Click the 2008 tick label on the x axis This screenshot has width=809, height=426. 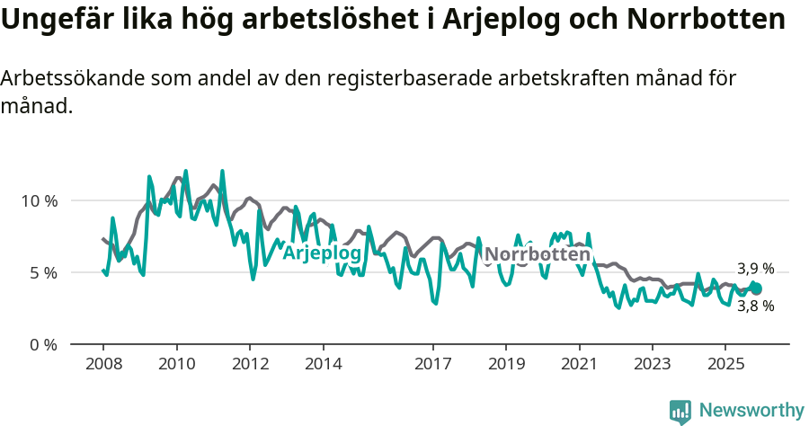[x=102, y=364]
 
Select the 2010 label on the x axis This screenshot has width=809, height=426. [x=176, y=364]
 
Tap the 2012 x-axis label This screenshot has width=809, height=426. [x=249, y=364]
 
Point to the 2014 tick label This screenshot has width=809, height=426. [x=323, y=364]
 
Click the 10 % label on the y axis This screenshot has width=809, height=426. [x=40, y=200]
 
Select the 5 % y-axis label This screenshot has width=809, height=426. [x=43, y=272]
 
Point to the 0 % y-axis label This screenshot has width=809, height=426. [x=43, y=345]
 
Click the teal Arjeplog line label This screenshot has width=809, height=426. [x=322, y=254]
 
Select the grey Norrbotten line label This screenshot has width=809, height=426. [x=537, y=255]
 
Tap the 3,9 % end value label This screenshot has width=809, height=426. [x=755, y=269]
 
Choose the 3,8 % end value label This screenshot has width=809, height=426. [x=755, y=306]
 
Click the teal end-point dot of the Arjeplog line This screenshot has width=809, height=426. [x=756, y=288]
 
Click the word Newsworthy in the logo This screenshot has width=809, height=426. [x=751, y=411]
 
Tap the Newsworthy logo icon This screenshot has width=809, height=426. [x=680, y=412]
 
